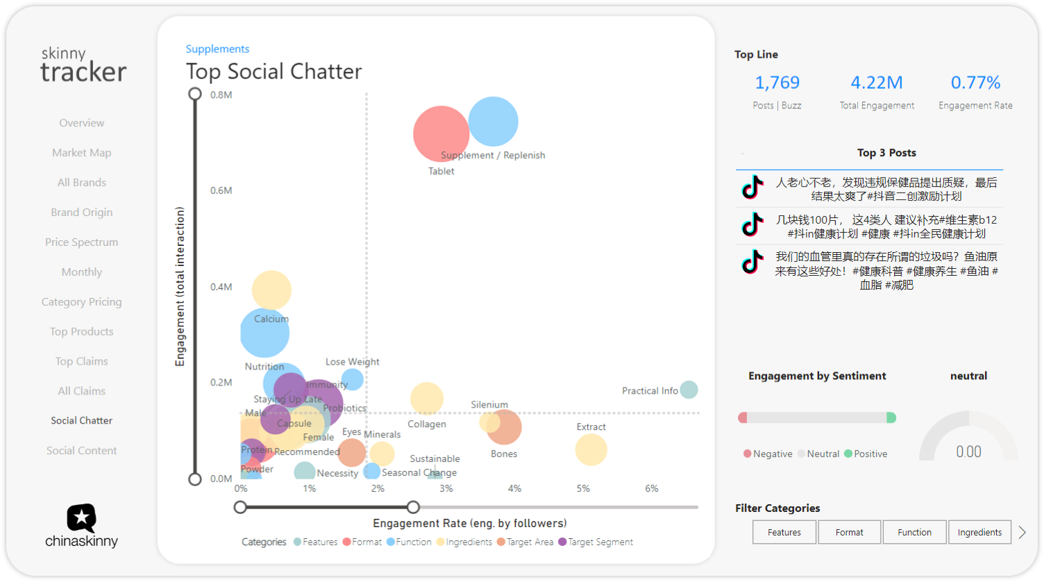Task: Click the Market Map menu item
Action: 81,153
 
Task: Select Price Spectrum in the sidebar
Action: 81,242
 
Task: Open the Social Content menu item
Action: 81,451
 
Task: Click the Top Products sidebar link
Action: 81,332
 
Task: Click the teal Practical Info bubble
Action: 689,390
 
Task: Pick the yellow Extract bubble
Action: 591,449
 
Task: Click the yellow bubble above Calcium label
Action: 271,289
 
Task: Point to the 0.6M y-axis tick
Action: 221,191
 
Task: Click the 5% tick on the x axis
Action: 583,489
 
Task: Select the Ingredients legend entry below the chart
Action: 469,542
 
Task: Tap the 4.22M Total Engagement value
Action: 877,83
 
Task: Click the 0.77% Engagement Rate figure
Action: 975,83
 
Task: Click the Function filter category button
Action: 914,533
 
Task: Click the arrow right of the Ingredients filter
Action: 1022,533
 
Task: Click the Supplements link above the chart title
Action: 217,49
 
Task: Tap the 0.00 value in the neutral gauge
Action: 968,452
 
